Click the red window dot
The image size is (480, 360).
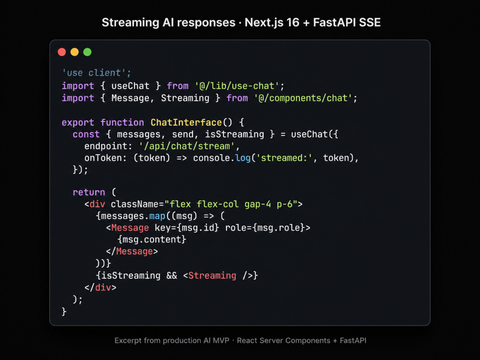pyautogui.click(x=62, y=52)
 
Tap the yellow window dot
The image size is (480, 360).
pyautogui.click(x=75, y=52)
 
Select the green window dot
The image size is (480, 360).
pyautogui.click(x=87, y=52)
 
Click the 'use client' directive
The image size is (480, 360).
pyautogui.click(x=96, y=73)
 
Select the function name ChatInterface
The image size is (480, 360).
pyautogui.click(x=186, y=122)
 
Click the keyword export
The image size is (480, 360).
pyautogui.click(x=78, y=123)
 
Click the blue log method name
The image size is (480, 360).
pyautogui.click(x=243, y=158)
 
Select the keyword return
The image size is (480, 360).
pyautogui.click(x=89, y=192)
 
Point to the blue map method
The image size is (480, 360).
pyautogui.click(x=157, y=216)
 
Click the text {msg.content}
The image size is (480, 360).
pyautogui.click(x=152, y=240)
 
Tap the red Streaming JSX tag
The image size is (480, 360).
pyautogui.click(x=212, y=276)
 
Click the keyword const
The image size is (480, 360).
pyautogui.click(x=86, y=134)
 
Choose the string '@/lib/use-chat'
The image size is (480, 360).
pyautogui.click(x=237, y=86)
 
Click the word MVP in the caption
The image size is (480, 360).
pyautogui.click(x=221, y=340)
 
